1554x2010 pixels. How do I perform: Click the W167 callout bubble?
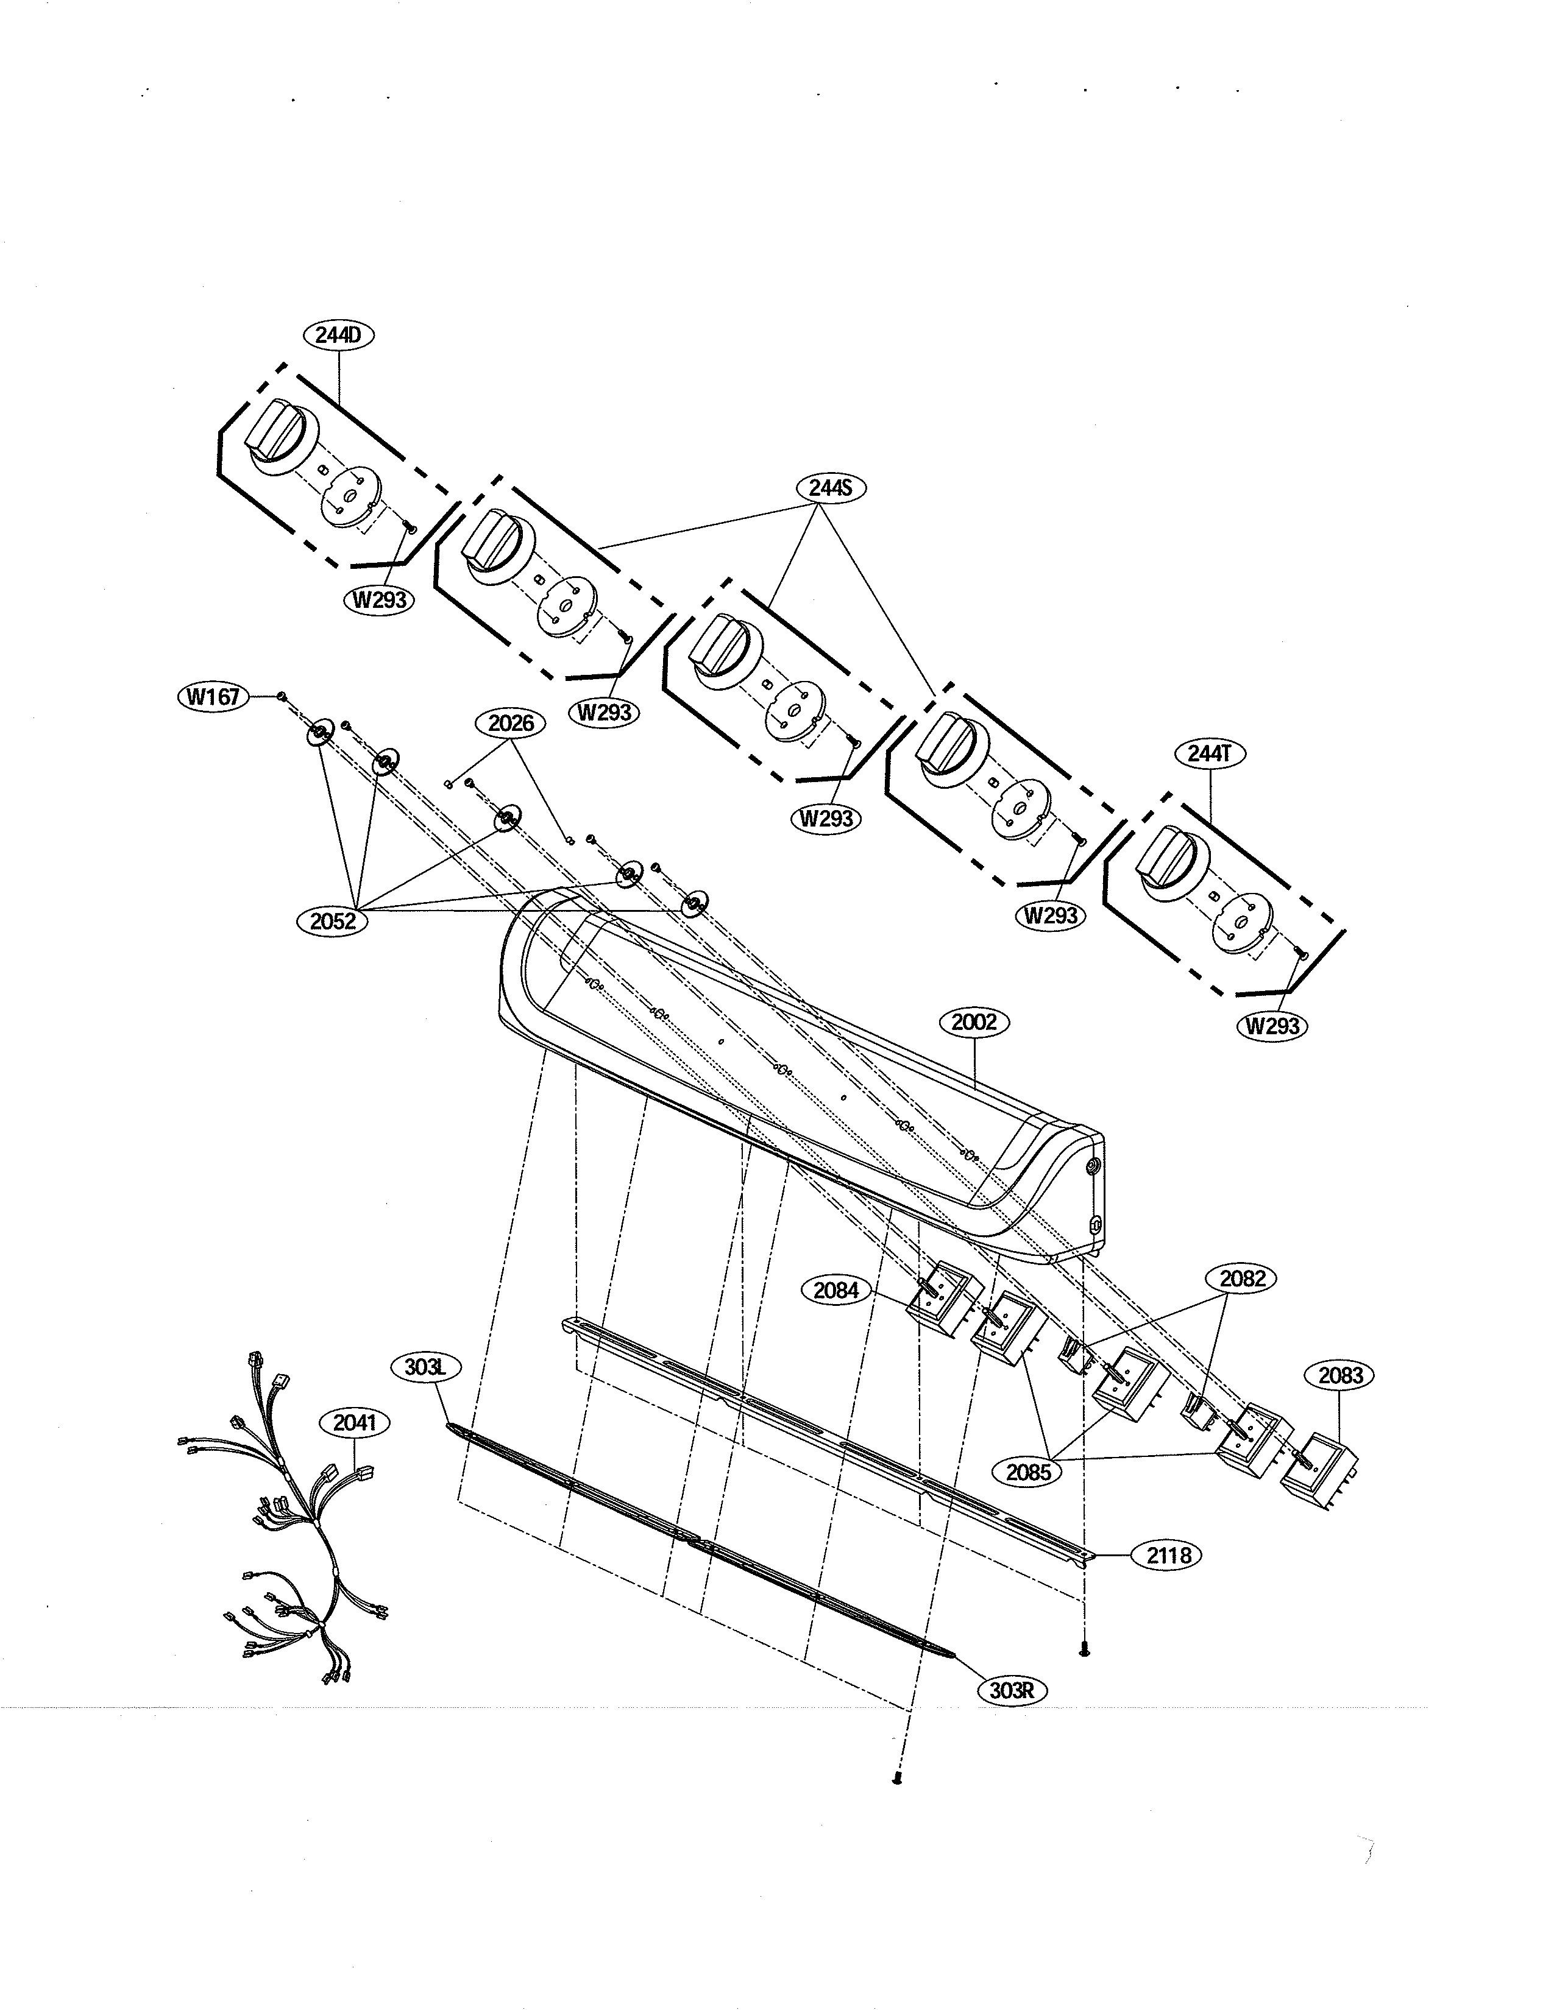pyautogui.click(x=213, y=697)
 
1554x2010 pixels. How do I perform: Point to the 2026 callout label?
pyautogui.click(x=511, y=724)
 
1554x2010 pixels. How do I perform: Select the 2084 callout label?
pyautogui.click(x=836, y=1290)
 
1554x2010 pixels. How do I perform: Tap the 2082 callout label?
pyautogui.click(x=1242, y=1278)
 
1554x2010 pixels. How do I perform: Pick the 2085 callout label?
pyautogui.click(x=1028, y=1471)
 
